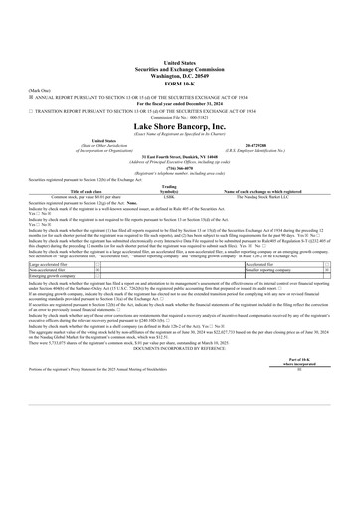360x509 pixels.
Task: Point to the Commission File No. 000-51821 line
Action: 180,115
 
